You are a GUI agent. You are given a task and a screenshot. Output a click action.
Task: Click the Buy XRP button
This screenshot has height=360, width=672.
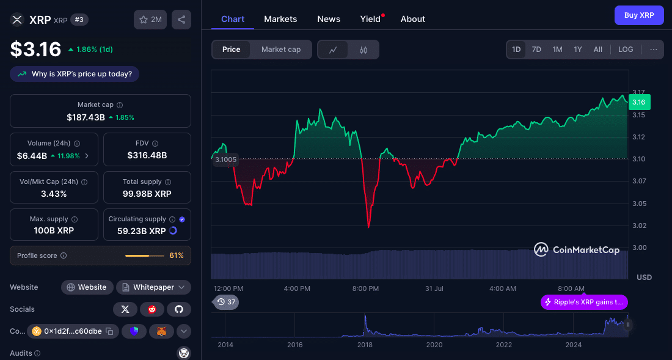638,15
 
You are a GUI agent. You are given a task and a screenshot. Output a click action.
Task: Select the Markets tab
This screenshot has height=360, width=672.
280,19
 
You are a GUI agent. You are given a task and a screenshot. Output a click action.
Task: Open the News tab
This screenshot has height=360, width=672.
329,19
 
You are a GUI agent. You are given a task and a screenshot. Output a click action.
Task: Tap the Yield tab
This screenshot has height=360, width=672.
370,19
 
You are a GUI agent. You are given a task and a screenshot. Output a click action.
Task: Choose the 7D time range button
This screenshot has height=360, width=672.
536,50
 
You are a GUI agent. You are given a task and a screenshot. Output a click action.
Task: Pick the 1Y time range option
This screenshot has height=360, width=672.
577,50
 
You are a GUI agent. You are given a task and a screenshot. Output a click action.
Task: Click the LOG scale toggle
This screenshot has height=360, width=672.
626,50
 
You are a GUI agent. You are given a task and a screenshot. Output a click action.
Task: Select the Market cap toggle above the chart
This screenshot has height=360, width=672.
281,50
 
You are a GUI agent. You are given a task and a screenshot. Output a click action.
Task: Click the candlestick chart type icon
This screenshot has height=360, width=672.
363,50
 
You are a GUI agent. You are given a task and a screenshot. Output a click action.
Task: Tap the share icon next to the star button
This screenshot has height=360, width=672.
181,20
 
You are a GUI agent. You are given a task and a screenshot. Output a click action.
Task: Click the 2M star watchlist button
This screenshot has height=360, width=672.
150,20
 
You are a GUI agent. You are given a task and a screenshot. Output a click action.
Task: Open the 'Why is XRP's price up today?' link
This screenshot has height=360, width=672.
75,74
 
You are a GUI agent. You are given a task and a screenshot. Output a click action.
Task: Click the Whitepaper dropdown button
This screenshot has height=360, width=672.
153,287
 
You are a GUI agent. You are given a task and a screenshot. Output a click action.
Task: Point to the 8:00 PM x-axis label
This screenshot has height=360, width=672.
366,288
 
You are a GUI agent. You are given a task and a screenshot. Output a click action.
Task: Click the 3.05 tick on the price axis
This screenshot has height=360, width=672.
640,204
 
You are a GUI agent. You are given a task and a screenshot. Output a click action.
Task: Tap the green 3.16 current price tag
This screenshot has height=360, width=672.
639,102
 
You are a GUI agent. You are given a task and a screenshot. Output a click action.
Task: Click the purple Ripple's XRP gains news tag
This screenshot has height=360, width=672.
584,302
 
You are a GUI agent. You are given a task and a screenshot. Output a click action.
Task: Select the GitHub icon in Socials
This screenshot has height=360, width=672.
179,309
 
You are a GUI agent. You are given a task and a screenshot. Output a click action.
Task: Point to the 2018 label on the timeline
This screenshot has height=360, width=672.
365,345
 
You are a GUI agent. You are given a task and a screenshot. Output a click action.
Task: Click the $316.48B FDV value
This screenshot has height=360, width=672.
147,155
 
